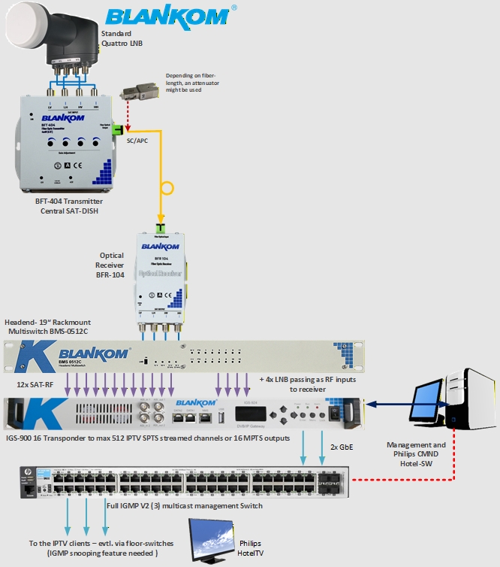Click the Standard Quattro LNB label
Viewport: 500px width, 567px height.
click(x=123, y=37)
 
